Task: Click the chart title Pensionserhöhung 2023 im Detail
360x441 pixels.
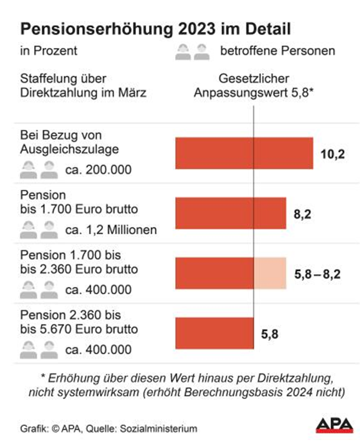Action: point(155,29)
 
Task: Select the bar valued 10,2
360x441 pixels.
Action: point(244,153)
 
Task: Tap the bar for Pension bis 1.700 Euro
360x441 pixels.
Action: point(230,213)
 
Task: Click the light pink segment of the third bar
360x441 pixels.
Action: point(270,273)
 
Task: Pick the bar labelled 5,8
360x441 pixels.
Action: point(214,334)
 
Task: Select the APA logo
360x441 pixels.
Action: point(334,425)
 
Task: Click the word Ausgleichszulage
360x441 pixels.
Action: point(69,149)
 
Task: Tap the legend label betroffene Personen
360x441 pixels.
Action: point(277,52)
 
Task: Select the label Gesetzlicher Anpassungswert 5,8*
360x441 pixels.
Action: point(253,86)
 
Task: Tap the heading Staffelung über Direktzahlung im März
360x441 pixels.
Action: point(83,86)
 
